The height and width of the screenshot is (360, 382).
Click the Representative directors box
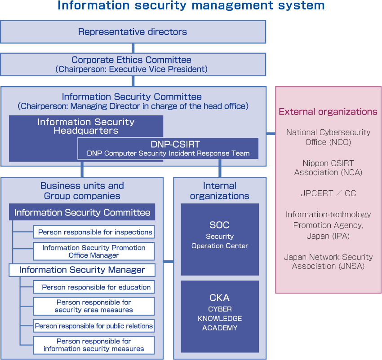(x=133, y=32)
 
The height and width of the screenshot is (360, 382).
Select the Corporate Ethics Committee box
(x=133, y=64)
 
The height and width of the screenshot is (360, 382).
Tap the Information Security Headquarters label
(x=86, y=127)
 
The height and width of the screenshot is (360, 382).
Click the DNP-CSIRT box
(x=168, y=149)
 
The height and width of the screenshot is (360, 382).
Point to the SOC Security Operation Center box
(x=220, y=239)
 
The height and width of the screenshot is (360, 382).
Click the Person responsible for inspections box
(x=94, y=232)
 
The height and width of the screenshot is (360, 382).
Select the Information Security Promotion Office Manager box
(x=94, y=251)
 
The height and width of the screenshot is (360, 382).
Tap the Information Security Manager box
(x=82, y=270)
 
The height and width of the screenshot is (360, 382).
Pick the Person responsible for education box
(x=94, y=287)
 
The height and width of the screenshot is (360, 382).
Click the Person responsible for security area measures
(x=94, y=306)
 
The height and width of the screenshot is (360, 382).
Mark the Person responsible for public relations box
(x=94, y=326)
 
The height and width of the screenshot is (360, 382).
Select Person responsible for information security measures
(x=94, y=345)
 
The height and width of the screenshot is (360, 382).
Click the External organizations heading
(x=328, y=112)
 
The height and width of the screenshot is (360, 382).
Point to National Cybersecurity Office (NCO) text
(x=328, y=137)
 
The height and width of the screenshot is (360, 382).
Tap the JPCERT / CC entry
(x=328, y=193)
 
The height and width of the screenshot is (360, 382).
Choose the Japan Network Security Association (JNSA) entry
(x=328, y=262)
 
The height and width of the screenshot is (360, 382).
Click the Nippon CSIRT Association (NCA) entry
(x=328, y=168)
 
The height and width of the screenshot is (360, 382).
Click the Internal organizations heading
(x=220, y=191)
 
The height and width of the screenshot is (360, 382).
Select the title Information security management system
(x=191, y=6)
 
